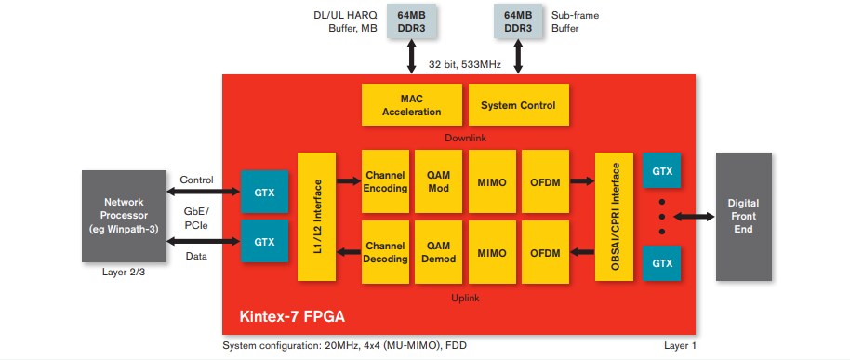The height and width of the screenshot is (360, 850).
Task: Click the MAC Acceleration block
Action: (411, 105)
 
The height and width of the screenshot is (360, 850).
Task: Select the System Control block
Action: (518, 105)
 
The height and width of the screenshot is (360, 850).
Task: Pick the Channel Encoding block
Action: (385, 181)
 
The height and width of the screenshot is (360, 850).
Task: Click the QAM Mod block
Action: (438, 181)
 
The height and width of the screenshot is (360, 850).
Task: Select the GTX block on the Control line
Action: (265, 193)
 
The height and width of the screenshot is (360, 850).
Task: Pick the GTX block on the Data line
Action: (265, 242)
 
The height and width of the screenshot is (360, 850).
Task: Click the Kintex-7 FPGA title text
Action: (290, 316)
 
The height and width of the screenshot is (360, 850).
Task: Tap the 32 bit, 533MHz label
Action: (464, 64)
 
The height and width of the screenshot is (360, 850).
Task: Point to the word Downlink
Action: (464, 138)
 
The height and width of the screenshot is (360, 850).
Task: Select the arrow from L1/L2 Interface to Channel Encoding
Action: (347, 181)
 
